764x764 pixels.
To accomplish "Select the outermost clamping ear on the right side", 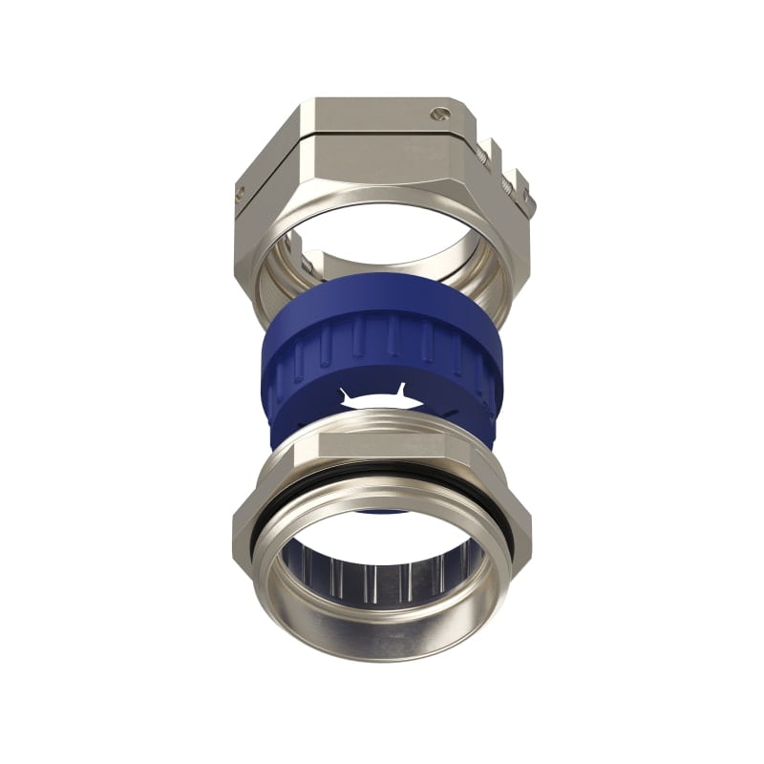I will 524,192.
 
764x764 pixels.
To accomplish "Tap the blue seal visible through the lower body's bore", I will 382,512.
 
